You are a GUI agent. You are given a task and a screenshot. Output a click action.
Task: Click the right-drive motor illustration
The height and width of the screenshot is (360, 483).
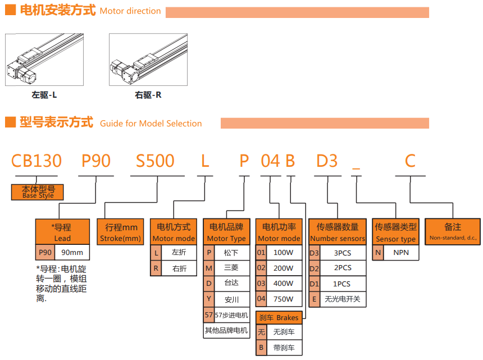coord(148,60)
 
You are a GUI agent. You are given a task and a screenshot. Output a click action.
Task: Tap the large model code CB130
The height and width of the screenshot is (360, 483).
coord(37,161)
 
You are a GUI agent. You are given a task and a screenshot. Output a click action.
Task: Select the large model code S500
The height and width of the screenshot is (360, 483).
coord(156,161)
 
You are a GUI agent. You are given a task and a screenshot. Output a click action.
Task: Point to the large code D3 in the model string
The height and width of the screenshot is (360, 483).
coord(327,161)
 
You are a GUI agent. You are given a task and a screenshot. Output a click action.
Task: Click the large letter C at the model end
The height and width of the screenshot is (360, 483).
coord(410,161)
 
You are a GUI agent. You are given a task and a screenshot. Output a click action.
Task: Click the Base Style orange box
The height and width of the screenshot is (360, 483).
coord(38,192)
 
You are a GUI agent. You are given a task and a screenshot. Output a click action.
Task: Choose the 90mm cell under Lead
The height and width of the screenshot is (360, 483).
coord(72,253)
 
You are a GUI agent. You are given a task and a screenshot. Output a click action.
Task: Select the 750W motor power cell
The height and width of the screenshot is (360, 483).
coord(283,299)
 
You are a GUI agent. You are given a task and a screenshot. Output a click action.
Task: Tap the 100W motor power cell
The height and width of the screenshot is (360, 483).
coord(283,253)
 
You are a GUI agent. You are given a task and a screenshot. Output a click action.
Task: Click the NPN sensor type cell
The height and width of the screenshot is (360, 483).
coord(401,253)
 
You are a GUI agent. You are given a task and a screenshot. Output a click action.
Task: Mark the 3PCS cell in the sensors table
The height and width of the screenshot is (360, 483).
coord(343,253)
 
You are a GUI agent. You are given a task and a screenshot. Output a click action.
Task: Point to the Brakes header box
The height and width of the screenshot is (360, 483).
coord(279,317)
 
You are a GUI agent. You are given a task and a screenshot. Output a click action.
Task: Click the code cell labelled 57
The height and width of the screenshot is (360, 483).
coord(208,315)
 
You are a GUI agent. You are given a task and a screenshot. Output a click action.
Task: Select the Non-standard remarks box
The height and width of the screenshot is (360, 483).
coord(453,233)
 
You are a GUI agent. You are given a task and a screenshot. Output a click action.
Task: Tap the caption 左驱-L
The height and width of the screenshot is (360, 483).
coord(44,95)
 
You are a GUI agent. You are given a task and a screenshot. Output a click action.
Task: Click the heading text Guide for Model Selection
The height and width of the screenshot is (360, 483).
coord(151,124)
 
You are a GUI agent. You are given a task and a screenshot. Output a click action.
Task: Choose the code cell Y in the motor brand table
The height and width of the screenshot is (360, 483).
coord(208,299)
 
